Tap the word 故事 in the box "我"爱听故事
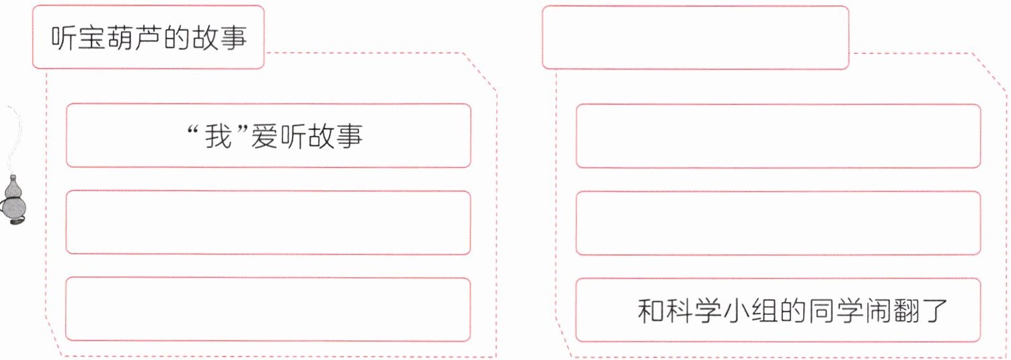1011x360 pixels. coord(333,136)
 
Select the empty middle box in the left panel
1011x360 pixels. coord(268,223)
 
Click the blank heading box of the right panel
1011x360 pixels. coord(695,37)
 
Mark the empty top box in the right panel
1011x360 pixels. coord(778,136)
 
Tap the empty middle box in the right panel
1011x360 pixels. coord(778,223)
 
